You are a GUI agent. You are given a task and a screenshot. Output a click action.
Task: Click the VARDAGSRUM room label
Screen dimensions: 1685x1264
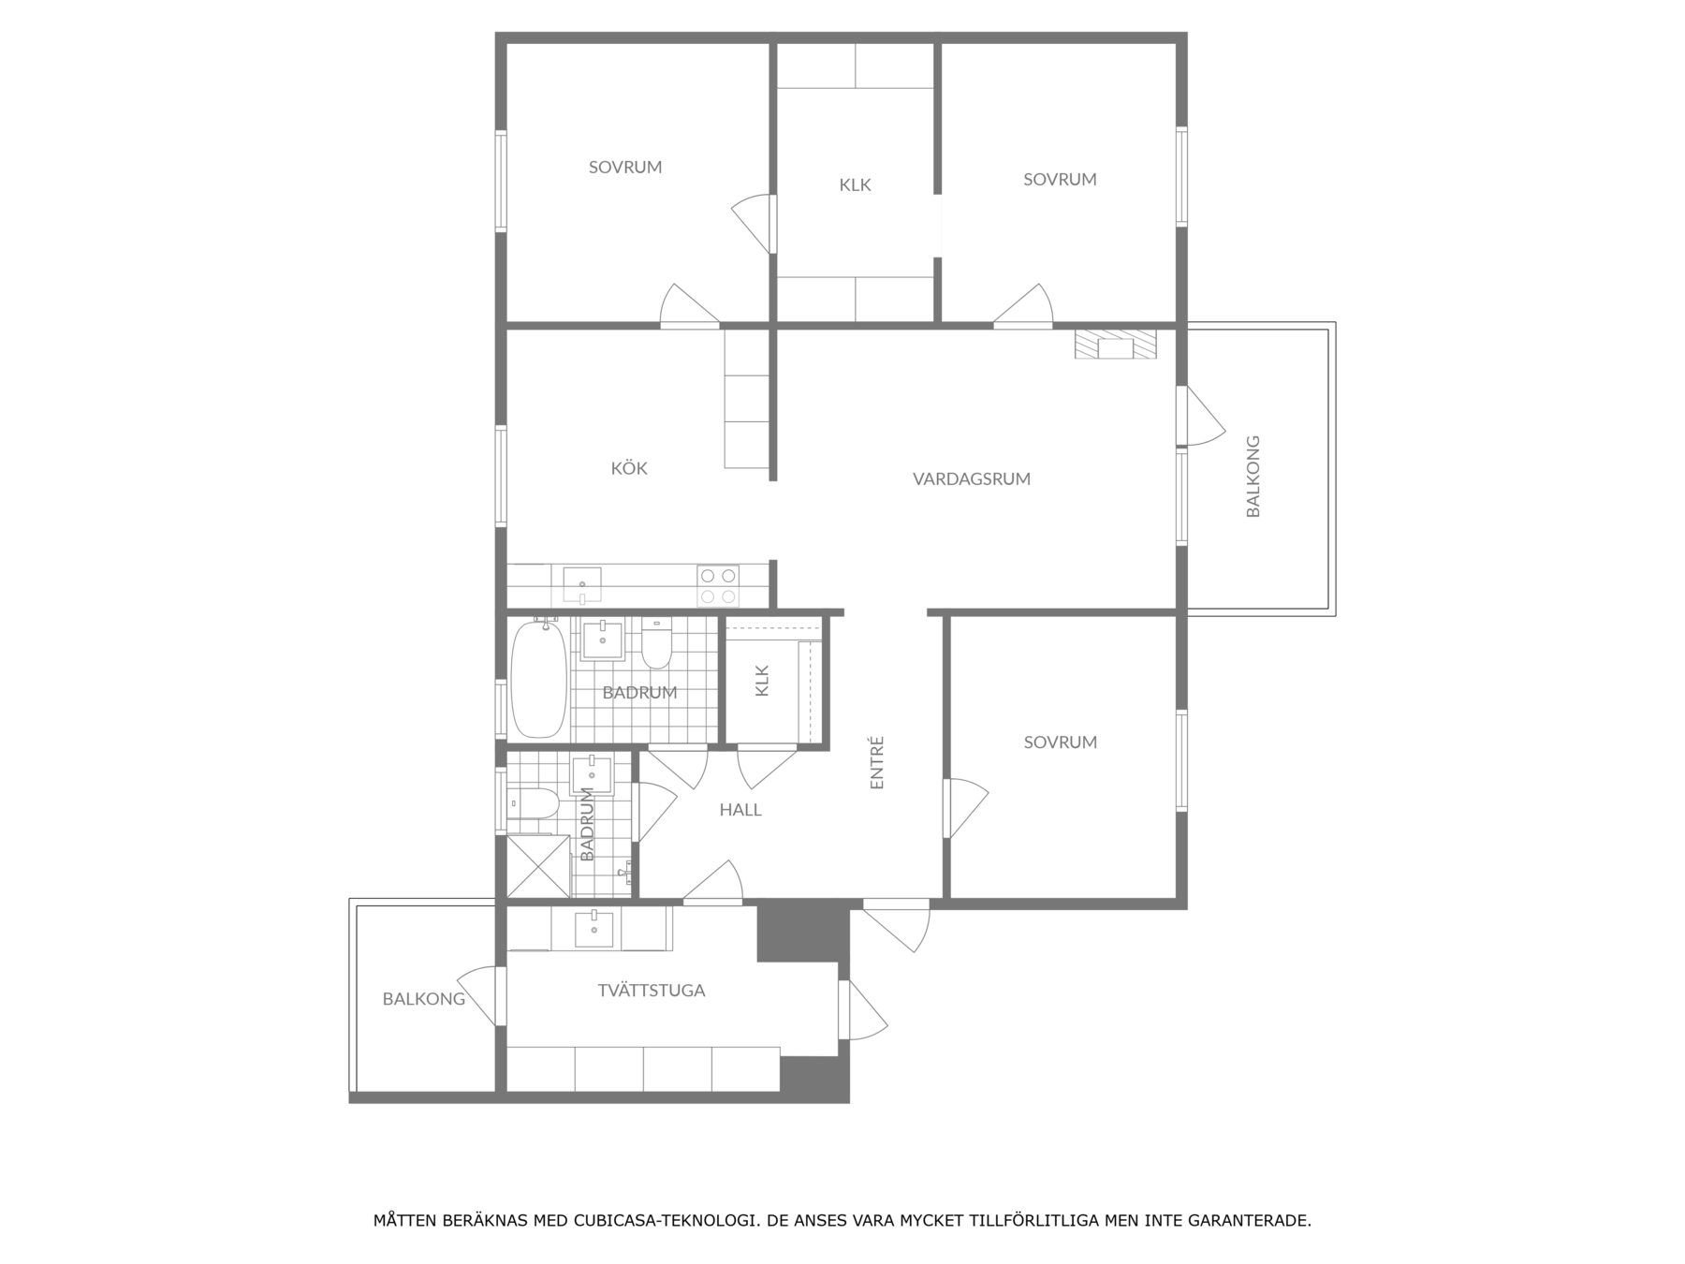972,478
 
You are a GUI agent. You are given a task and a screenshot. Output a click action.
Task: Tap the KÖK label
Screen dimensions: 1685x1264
629,467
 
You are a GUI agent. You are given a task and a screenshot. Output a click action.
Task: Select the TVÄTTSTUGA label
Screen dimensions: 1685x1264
652,990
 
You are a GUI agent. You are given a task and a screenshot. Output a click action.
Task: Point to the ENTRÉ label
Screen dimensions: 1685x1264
877,762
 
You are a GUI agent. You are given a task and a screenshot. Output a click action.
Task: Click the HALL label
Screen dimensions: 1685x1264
740,810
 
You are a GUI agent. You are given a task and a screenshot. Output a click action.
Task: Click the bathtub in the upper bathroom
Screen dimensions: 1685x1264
538,678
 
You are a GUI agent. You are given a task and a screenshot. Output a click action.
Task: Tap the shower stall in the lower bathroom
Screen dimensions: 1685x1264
538,866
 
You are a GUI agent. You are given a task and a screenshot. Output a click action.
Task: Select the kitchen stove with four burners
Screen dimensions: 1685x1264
718,586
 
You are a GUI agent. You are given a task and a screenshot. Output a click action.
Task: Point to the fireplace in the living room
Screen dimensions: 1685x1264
1115,344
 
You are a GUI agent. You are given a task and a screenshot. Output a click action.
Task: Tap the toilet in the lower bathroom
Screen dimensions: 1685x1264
533,803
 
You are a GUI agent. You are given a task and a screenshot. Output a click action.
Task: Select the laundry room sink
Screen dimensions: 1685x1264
593,929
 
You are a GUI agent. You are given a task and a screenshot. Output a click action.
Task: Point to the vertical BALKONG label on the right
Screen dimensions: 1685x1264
1253,476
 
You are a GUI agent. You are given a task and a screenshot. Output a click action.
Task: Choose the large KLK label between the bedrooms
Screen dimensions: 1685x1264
855,185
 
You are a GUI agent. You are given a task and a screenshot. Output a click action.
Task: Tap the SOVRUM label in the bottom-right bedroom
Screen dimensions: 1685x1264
1060,742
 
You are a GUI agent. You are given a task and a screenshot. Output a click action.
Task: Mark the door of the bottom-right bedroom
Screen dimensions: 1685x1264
964,808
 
